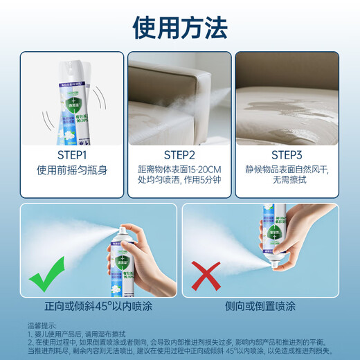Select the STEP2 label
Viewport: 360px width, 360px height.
[x=179, y=154]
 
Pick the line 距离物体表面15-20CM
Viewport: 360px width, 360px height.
[x=179, y=170]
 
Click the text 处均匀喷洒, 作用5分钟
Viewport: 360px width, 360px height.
[x=179, y=182]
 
